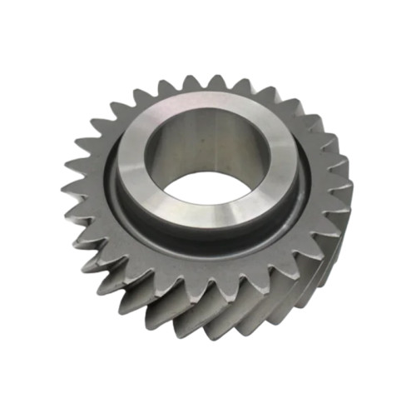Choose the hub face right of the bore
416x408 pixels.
pyautogui.click(x=291, y=167)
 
